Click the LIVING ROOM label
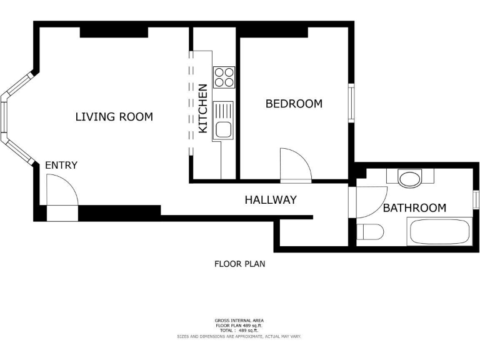(114, 117)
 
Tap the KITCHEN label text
(203, 109)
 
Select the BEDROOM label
(294, 104)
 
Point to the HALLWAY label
(270, 200)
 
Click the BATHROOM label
(414, 208)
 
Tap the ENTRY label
(61, 165)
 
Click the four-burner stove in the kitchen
(224, 77)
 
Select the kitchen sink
(223, 121)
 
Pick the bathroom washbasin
(409, 179)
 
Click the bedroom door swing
(295, 165)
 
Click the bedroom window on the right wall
(351, 103)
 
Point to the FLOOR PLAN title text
(240, 264)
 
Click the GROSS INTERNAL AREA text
(239, 321)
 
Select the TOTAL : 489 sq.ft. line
(239, 331)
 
